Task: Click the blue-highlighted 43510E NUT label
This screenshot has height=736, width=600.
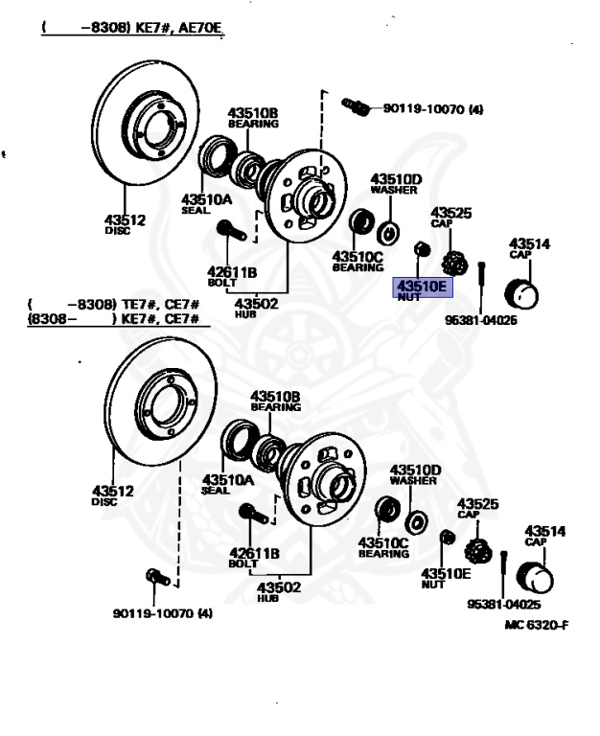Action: pyautogui.click(x=423, y=287)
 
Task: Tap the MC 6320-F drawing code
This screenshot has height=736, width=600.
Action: pyautogui.click(x=537, y=625)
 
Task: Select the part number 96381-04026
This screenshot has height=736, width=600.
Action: pyautogui.click(x=481, y=320)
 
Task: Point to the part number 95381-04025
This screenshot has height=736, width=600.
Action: pyautogui.click(x=504, y=604)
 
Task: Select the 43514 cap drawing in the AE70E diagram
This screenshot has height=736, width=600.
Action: pyautogui.click(x=521, y=293)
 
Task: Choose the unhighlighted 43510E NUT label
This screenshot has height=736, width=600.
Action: pyautogui.click(x=446, y=578)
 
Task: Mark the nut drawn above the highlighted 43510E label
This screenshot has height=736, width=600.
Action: pyautogui.click(x=422, y=249)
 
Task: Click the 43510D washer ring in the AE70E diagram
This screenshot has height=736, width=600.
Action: pyautogui.click(x=388, y=233)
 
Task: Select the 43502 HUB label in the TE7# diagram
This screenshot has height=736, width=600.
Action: pyautogui.click(x=278, y=591)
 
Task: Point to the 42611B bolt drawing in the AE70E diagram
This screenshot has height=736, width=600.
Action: pyautogui.click(x=231, y=230)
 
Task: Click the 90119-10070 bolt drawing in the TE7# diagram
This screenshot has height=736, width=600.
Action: pyautogui.click(x=158, y=577)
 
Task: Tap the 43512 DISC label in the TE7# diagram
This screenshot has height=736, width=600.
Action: pyautogui.click(x=113, y=495)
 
